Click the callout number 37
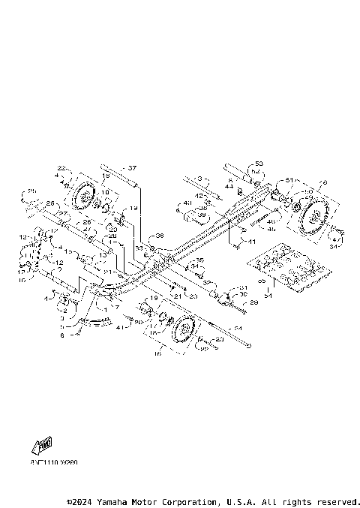pos(133,168)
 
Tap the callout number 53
pos(259,163)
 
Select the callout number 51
pos(289,180)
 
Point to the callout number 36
pos(159,235)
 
